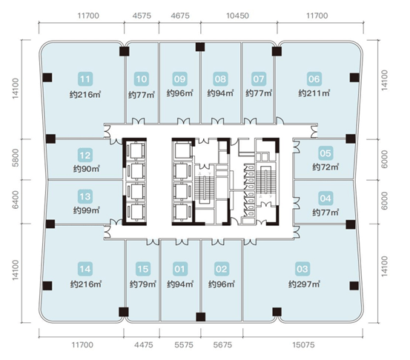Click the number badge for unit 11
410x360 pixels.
click(85, 79)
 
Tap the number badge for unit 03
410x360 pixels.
click(302, 269)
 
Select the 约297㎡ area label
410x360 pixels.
click(304, 284)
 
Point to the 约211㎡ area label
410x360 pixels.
click(314, 93)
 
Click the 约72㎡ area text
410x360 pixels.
click(325, 167)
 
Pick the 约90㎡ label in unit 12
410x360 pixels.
click(86, 169)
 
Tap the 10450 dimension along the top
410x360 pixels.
click(237, 16)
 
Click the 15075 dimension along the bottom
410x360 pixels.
click(303, 345)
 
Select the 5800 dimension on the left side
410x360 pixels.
click(16, 158)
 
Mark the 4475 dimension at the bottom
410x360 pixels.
click(144, 345)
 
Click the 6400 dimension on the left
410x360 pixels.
click(16, 199)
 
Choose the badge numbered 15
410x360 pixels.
click(143, 269)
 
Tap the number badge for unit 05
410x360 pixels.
click(325, 153)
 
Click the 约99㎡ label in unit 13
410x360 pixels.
click(86, 210)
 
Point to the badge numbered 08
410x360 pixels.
click(220, 79)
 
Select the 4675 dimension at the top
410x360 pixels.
click(180, 16)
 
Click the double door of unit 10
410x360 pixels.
click(138, 121)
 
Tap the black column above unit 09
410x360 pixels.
click(200, 47)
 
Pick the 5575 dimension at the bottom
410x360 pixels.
click(184, 345)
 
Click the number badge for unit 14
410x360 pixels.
click(85, 269)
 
